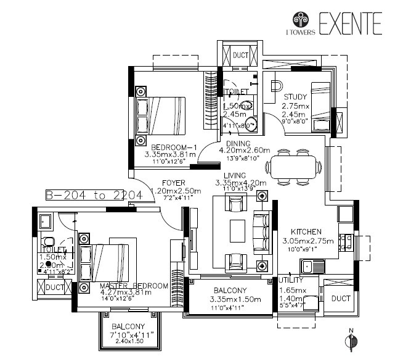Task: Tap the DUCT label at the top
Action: [240, 56]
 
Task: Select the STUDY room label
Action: [295, 97]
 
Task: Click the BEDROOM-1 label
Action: [173, 147]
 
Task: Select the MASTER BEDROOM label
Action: [134, 286]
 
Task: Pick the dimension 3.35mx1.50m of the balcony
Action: [230, 300]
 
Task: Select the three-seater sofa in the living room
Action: [262, 231]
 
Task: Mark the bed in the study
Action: [321, 106]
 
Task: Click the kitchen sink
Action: [309, 267]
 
